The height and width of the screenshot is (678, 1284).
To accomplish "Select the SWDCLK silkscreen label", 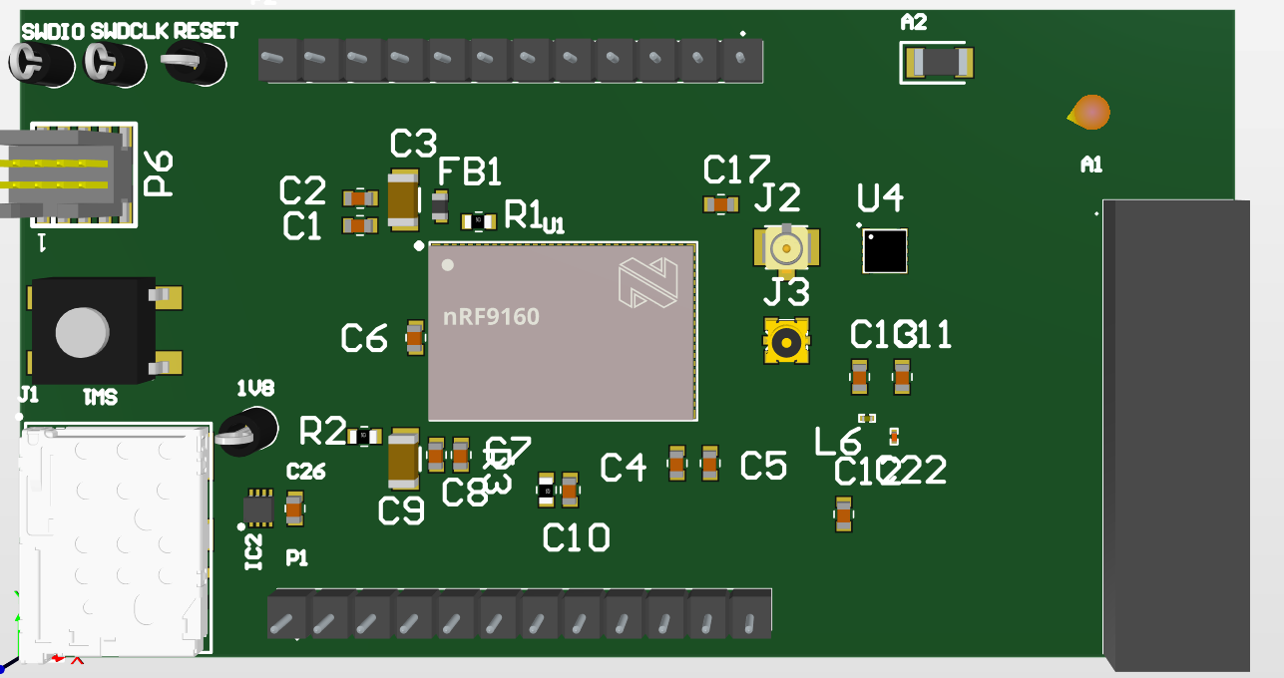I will tap(130, 30).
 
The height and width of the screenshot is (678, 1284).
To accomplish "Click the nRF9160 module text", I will tap(491, 317).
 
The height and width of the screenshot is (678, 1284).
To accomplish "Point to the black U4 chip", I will tap(885, 251).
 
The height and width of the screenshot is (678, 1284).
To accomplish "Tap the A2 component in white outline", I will tap(937, 64).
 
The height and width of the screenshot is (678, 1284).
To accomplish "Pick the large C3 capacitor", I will tap(403, 199).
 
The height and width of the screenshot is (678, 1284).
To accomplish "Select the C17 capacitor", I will tap(720, 204).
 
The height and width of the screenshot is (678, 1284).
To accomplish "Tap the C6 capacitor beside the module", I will tap(415, 338).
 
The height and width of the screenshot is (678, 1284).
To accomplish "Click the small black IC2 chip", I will tap(259, 508).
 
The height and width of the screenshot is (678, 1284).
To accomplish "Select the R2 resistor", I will tap(365, 436).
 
